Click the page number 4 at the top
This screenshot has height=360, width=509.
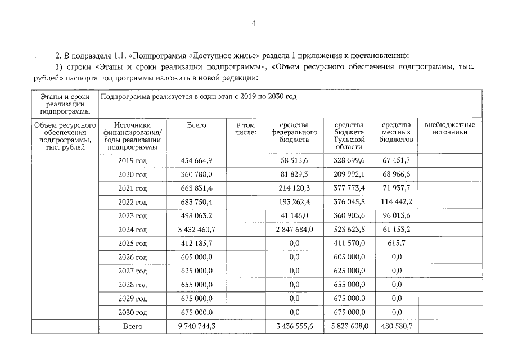pyautogui.click(x=254, y=24)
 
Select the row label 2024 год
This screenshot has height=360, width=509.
pyautogui.click(x=132, y=229)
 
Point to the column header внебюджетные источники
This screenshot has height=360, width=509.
pyautogui.click(x=449, y=128)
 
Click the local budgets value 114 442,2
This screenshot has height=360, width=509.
pyautogui.click(x=396, y=202)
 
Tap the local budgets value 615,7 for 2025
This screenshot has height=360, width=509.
pyautogui.click(x=396, y=243)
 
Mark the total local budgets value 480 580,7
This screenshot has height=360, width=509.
pyautogui.click(x=396, y=326)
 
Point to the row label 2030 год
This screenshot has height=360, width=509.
pyautogui.click(x=132, y=312)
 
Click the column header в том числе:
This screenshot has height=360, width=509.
pyautogui.click(x=245, y=128)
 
